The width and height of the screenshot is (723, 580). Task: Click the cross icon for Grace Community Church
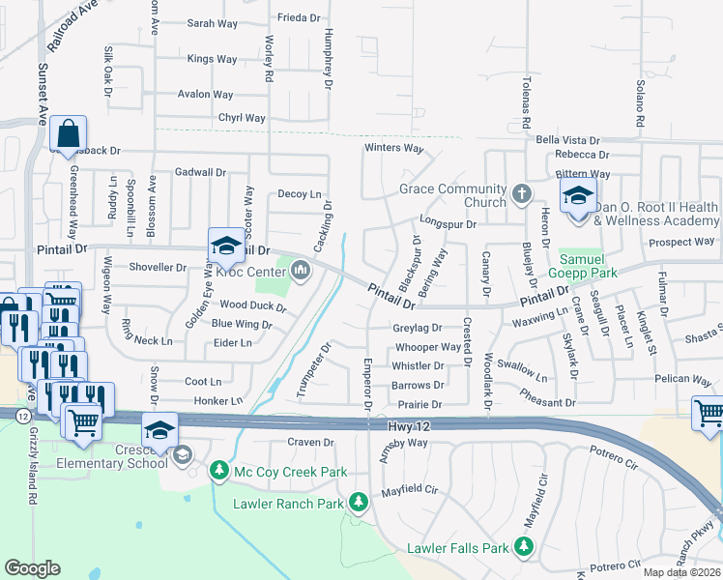[522, 194]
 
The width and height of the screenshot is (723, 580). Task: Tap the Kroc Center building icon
[301, 269]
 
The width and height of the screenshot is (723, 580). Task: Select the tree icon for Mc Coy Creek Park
[220, 471]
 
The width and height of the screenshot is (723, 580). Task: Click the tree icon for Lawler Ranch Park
[359, 502]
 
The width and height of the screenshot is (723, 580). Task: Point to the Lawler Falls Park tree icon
[523, 548]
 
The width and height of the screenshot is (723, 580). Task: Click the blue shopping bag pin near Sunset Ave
[70, 134]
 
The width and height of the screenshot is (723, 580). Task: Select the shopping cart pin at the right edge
[709, 413]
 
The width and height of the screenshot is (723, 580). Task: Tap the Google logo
[32, 567]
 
